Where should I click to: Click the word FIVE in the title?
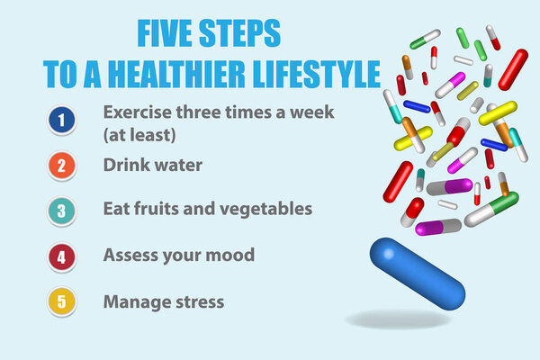tap(166, 34)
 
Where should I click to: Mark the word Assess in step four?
tap(130, 255)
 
